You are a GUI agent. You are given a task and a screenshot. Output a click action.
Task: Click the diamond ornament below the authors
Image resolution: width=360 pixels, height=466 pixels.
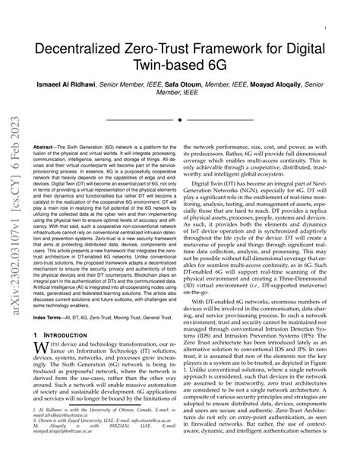tap(179, 119)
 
